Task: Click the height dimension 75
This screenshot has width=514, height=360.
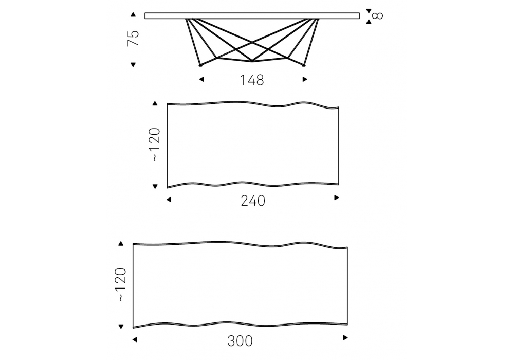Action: (x=134, y=38)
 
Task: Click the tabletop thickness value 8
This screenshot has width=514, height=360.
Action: (x=378, y=16)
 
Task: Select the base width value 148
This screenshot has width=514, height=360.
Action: (x=252, y=80)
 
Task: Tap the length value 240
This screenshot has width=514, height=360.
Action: (x=253, y=201)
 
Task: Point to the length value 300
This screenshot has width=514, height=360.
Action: (x=240, y=341)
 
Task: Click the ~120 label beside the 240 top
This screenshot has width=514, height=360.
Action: (x=155, y=145)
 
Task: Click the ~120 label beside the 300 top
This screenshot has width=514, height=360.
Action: (x=121, y=284)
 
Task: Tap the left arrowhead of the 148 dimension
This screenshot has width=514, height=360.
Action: (x=201, y=79)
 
